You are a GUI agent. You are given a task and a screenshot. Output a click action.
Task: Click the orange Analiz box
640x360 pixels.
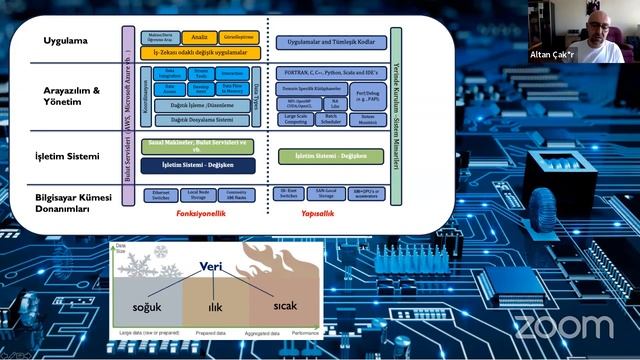coord(199,37)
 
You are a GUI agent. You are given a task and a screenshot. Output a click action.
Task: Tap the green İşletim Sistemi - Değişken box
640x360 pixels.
coord(331,155)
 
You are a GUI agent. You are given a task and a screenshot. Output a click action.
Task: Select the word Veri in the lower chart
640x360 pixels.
coord(210,268)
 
